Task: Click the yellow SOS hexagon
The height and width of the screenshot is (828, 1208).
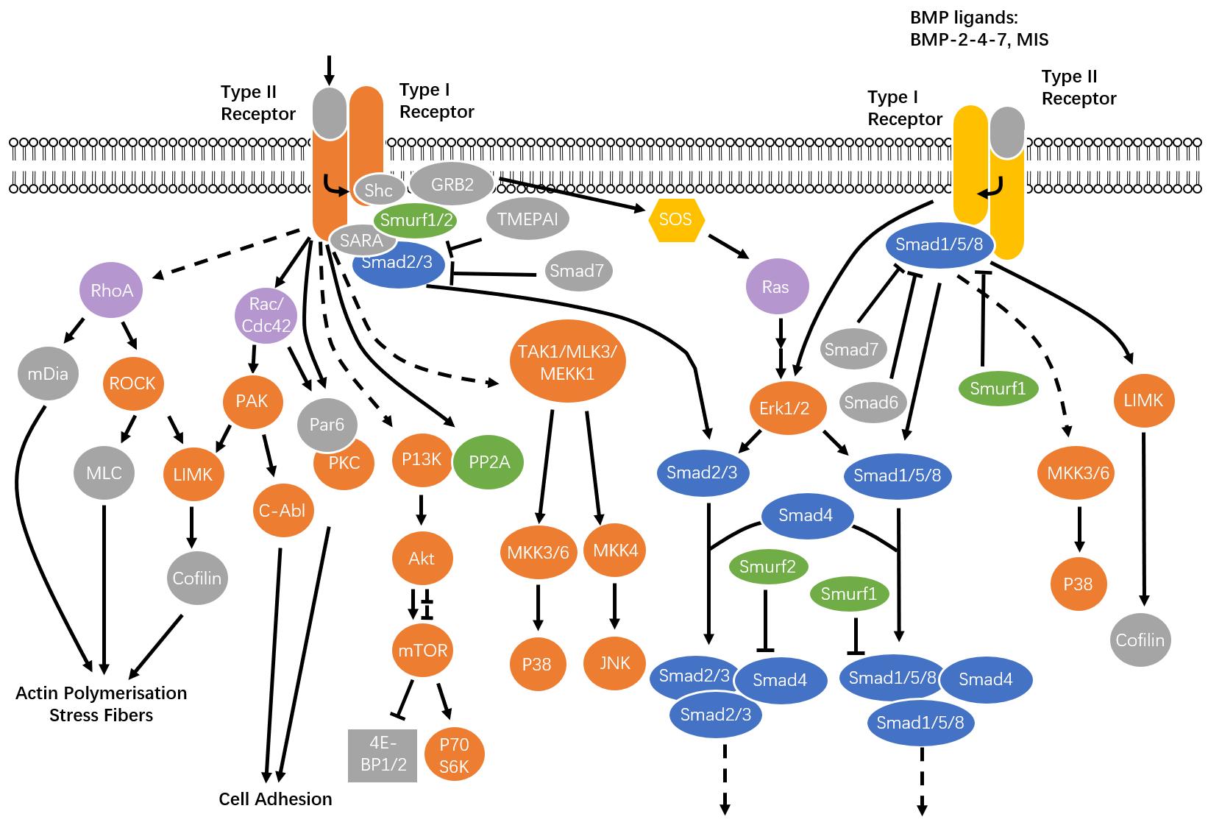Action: pyautogui.click(x=675, y=219)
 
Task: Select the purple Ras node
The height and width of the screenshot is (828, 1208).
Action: pyautogui.click(x=777, y=286)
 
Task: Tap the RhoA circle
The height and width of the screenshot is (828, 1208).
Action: pyautogui.click(x=111, y=290)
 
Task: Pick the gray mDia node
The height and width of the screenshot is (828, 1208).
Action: pyautogui.click(x=48, y=373)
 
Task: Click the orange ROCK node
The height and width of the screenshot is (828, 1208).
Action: pyautogui.click(x=132, y=383)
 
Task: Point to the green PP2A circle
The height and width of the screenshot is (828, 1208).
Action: pyautogui.click(x=488, y=461)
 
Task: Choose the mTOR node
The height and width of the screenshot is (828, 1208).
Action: pyautogui.click(x=423, y=651)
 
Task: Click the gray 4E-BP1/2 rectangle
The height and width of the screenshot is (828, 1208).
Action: pyautogui.click(x=383, y=755)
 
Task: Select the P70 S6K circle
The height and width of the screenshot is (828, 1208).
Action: pyautogui.click(x=454, y=755)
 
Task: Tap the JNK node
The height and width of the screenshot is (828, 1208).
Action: pyautogui.click(x=615, y=663)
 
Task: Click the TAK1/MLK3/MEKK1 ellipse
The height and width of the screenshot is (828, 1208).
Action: pyautogui.click(x=568, y=361)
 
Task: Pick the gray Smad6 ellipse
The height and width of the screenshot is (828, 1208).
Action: pyautogui.click(x=872, y=403)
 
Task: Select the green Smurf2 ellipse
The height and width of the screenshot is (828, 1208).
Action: pyautogui.click(x=768, y=567)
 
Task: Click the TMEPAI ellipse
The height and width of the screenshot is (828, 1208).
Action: pyautogui.click(x=527, y=219)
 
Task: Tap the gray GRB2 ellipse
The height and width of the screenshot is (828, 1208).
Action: pyautogui.click(x=452, y=184)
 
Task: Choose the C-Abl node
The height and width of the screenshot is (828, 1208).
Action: pyautogui.click(x=283, y=510)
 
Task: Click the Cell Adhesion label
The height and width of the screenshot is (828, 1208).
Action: pyautogui.click(x=276, y=799)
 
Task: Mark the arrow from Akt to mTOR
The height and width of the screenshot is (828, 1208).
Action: pyautogui.click(x=413, y=604)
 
